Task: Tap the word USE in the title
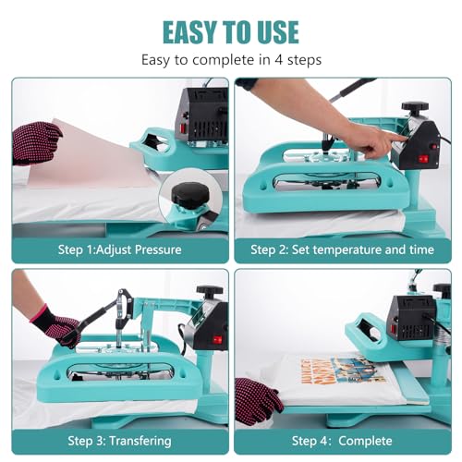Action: pos(275,31)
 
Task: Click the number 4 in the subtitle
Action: pos(284,60)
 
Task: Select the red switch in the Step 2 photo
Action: pos(424,158)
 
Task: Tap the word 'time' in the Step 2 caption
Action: pos(432,249)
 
